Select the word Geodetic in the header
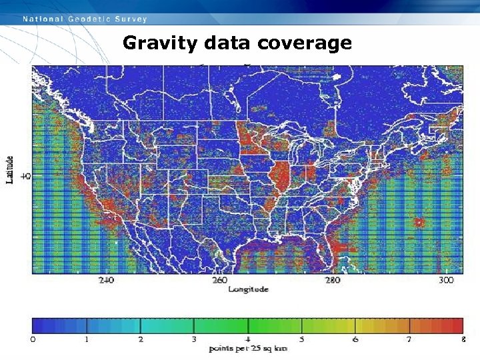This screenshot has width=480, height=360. [x=90, y=19]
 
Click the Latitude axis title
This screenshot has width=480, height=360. [x=10, y=170]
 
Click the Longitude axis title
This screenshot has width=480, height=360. [x=248, y=289]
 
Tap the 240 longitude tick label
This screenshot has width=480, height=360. [x=106, y=281]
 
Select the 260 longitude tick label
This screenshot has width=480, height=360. [x=219, y=281]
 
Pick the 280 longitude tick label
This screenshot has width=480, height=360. [x=333, y=281]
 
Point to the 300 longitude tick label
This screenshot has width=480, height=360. [x=446, y=281]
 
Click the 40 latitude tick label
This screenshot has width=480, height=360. [x=25, y=176]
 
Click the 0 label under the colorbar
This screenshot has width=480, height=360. [x=33, y=340]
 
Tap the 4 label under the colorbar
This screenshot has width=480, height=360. [x=248, y=340]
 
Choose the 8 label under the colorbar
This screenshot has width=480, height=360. [x=462, y=340]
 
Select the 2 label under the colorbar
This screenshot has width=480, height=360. [x=141, y=340]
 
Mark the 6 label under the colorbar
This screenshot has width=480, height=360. [x=355, y=340]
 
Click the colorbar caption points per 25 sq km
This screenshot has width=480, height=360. [x=248, y=349]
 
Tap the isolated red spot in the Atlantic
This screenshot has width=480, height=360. [x=419, y=222]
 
